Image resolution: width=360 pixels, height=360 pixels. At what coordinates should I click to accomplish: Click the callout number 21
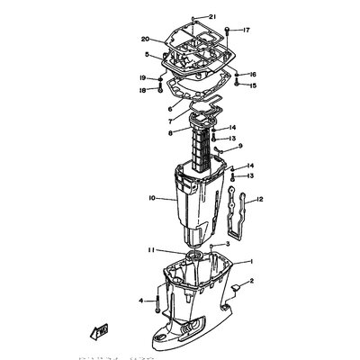(212, 17)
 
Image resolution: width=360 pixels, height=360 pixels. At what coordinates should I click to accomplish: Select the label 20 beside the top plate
(145, 39)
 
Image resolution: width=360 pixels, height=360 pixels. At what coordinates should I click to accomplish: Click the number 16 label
(253, 75)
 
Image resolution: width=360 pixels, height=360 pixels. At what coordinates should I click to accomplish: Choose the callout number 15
(253, 85)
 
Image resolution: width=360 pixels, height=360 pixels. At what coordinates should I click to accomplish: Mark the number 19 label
(142, 78)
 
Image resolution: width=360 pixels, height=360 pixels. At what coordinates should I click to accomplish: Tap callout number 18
(142, 90)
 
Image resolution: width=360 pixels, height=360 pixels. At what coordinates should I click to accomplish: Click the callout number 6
(146, 107)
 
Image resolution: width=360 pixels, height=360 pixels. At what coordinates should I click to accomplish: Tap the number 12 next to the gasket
(260, 200)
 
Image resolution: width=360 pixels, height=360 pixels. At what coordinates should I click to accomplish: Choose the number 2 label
(251, 282)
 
